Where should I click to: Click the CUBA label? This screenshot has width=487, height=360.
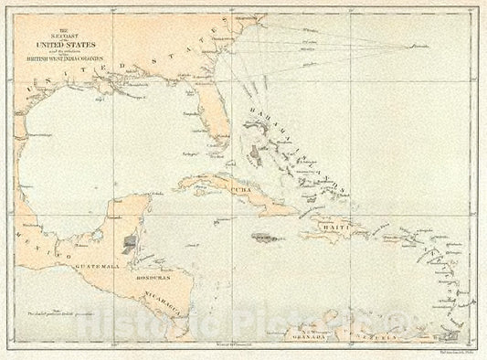240,189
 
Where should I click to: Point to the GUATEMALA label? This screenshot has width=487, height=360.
95,265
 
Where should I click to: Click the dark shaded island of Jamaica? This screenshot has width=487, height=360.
264,236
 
